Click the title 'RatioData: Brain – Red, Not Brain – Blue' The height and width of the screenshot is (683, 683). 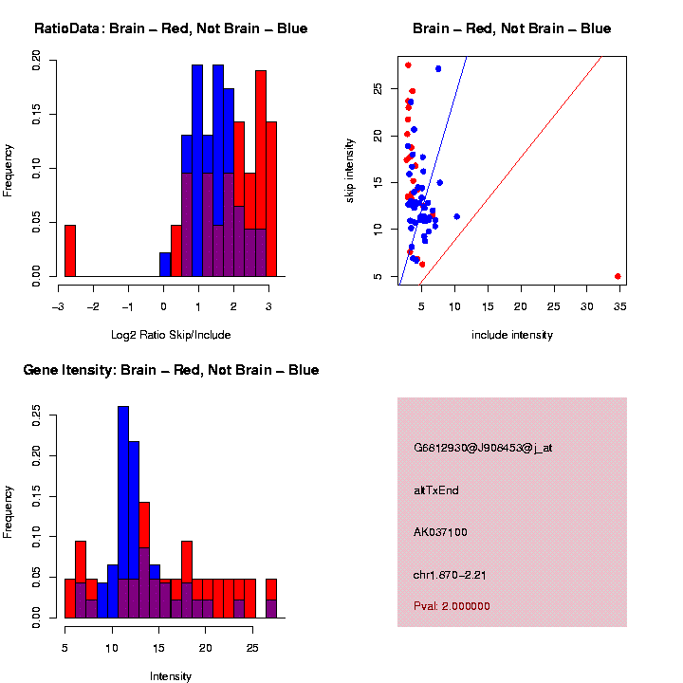tap(171, 28)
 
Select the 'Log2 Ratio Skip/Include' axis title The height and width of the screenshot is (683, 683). tap(171, 335)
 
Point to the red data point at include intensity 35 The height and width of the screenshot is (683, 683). tap(618, 276)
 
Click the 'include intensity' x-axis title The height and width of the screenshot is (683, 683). tap(512, 335)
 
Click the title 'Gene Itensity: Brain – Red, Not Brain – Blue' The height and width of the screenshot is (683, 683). tap(171, 370)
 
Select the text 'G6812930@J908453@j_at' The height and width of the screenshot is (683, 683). tap(483, 448)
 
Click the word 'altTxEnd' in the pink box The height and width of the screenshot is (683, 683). tap(436, 490)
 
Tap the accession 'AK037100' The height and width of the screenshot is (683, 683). tap(440, 532)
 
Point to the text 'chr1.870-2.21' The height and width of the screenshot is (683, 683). tap(451, 575)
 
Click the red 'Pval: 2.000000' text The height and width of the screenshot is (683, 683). tap(452, 606)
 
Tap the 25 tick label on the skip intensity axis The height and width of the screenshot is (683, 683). tap(378, 88)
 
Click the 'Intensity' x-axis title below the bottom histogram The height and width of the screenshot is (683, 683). tap(171, 676)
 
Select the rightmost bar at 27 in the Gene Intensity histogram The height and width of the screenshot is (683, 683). tap(271, 598)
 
